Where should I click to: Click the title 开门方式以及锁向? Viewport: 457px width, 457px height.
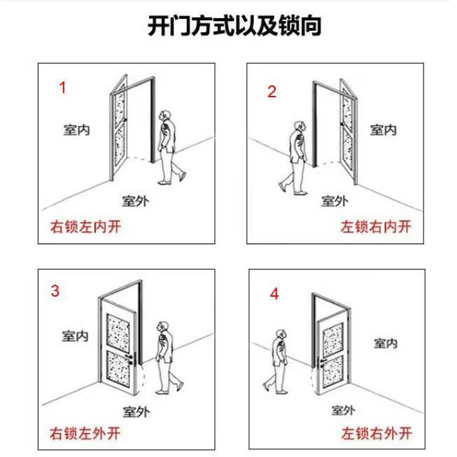(x=234, y=27)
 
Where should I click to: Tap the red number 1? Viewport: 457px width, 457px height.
(x=63, y=87)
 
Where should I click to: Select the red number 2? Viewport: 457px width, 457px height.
(x=272, y=92)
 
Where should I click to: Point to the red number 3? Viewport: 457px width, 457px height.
(x=55, y=291)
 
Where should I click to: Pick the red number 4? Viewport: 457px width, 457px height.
(x=274, y=294)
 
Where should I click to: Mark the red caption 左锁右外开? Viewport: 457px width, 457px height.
(x=377, y=433)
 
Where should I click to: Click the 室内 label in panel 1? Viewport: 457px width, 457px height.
(x=76, y=129)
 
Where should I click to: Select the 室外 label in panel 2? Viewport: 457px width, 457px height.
(x=335, y=202)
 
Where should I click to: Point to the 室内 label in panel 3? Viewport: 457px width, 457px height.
(x=75, y=336)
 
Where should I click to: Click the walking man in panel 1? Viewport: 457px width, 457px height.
(x=168, y=147)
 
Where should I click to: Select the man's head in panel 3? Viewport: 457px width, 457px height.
(x=162, y=327)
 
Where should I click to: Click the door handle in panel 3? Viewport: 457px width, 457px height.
(x=134, y=361)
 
